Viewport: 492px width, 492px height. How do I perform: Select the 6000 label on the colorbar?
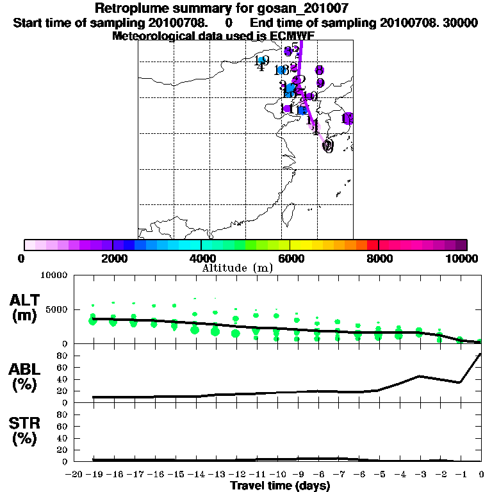(x=290, y=258)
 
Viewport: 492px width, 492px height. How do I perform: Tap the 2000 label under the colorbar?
(x=113, y=258)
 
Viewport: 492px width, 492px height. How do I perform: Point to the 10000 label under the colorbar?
(x=461, y=258)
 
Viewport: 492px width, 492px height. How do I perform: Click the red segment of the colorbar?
(x=372, y=245)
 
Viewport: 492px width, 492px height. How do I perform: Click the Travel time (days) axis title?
(x=279, y=486)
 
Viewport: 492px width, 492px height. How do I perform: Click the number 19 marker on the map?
(x=261, y=61)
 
